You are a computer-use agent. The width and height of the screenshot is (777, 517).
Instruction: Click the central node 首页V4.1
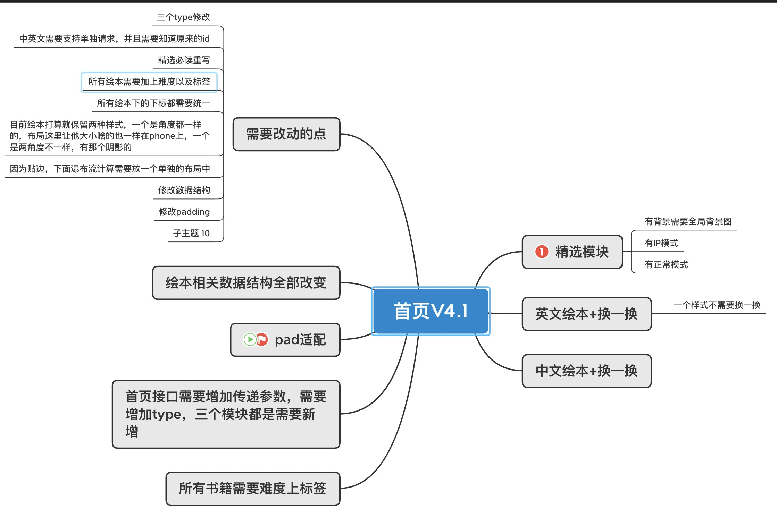pyautogui.click(x=431, y=311)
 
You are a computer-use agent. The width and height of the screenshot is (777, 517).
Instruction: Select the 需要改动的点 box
pyautogui.click(x=286, y=134)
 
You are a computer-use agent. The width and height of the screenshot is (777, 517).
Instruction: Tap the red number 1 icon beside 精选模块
pyautogui.click(x=542, y=252)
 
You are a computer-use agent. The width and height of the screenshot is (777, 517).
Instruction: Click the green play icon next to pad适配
pyautogui.click(x=250, y=339)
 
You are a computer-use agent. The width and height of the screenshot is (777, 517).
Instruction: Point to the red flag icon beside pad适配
pyautogui.click(x=262, y=339)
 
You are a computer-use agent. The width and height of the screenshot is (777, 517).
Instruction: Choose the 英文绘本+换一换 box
pyautogui.click(x=586, y=314)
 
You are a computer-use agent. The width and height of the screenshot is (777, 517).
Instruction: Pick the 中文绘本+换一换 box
pyautogui.click(x=586, y=371)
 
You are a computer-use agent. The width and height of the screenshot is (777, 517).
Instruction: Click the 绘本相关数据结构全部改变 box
pyautogui.click(x=246, y=283)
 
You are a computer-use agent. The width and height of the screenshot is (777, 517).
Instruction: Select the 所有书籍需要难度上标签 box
pyautogui.click(x=252, y=489)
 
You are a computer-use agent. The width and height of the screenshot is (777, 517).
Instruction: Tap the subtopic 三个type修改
pyautogui.click(x=183, y=17)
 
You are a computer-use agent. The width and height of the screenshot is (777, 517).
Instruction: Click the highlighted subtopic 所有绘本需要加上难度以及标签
pyautogui.click(x=149, y=82)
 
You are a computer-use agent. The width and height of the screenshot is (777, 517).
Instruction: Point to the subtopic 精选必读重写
pyautogui.click(x=184, y=60)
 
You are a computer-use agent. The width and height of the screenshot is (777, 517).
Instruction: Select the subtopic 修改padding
pyautogui.click(x=184, y=212)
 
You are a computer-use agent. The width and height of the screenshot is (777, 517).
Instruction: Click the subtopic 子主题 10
pyautogui.click(x=191, y=233)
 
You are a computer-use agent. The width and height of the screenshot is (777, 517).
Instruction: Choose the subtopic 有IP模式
pyautogui.click(x=661, y=243)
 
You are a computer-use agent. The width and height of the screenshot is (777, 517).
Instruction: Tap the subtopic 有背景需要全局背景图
pyautogui.click(x=688, y=221)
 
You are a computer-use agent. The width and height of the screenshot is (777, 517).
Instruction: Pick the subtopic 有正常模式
pyautogui.click(x=666, y=264)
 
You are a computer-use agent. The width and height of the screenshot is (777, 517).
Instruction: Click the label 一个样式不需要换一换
pyautogui.click(x=717, y=305)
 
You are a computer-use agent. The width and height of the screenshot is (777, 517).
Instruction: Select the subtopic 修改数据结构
pyautogui.click(x=184, y=190)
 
